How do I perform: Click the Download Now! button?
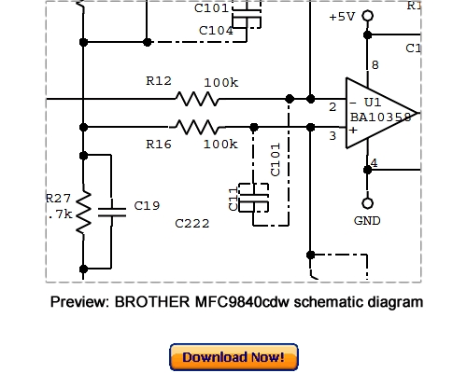233,357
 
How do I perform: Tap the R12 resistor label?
158,83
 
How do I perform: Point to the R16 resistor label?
158,145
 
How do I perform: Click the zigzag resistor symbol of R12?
199,98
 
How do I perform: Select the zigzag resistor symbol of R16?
199,126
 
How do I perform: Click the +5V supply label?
343,17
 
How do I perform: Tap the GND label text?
367,222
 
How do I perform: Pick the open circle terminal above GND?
367,202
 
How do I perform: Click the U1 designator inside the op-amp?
373,101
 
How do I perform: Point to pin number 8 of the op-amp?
375,65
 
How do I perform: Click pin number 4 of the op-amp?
375,164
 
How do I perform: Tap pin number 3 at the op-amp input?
333,137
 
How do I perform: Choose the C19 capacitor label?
147,206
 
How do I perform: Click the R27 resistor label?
58,198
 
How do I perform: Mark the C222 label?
191,225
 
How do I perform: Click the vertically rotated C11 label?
233,200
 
